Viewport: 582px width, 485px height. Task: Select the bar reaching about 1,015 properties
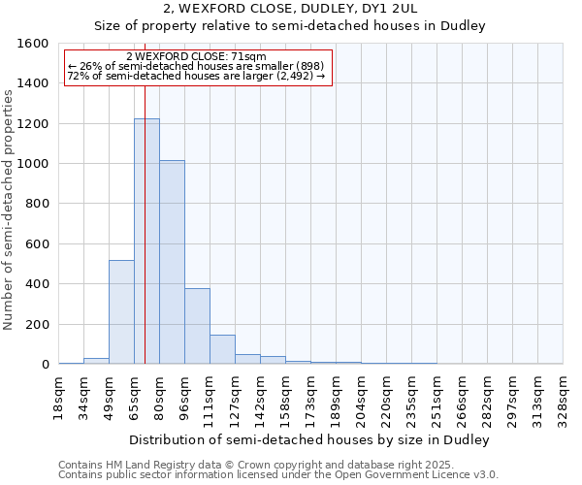click(x=172, y=262)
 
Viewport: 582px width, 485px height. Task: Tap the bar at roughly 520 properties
click(x=121, y=311)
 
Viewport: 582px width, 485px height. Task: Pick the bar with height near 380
click(x=197, y=326)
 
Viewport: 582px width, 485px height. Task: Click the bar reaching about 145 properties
click(x=222, y=349)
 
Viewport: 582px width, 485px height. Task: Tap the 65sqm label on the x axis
click(x=134, y=399)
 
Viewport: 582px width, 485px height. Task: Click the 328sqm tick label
click(x=563, y=399)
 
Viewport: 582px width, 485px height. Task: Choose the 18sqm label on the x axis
click(x=58, y=399)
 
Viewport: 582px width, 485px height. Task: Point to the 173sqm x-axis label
click(x=310, y=399)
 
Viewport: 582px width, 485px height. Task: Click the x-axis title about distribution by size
click(x=309, y=439)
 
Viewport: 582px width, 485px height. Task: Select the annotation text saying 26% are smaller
click(x=197, y=66)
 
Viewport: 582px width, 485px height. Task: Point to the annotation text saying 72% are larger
click(x=197, y=75)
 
